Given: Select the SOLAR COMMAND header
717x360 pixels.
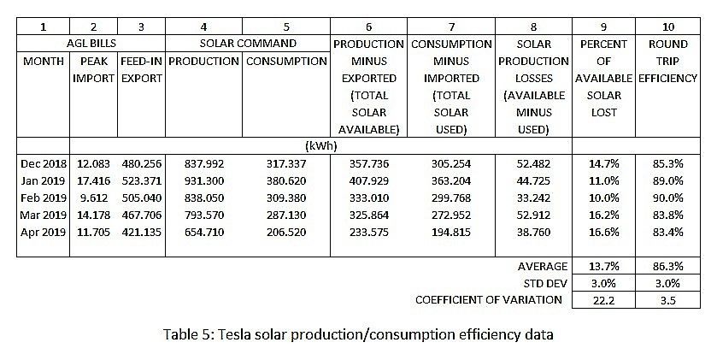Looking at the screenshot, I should pyautogui.click(x=248, y=44).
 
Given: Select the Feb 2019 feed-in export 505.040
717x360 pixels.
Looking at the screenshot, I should pyautogui.click(x=139, y=198).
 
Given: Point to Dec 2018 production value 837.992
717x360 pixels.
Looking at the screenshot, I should pyautogui.click(x=203, y=163).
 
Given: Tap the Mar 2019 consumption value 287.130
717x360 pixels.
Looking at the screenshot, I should pyautogui.click(x=286, y=215).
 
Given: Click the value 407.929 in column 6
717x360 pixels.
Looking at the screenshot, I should pyautogui.click(x=369, y=180).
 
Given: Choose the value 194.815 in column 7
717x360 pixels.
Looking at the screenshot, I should pyautogui.click(x=451, y=232).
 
